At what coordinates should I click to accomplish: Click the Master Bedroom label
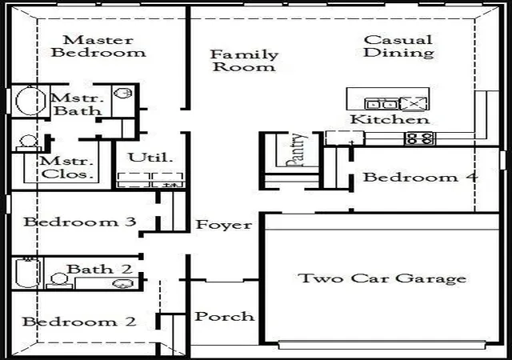pyautogui.click(x=98, y=46)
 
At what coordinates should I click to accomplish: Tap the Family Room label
pyautogui.click(x=244, y=61)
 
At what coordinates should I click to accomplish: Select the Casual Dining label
pyautogui.click(x=398, y=46)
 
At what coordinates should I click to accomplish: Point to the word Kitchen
pyautogui.click(x=390, y=119)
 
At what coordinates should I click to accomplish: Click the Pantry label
pyautogui.click(x=296, y=150)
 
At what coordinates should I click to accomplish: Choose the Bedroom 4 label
pyautogui.click(x=420, y=178)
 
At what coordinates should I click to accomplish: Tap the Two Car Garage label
pyautogui.click(x=382, y=278)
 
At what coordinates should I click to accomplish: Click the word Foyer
pyautogui.click(x=224, y=225)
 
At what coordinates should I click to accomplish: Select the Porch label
pyautogui.click(x=224, y=317)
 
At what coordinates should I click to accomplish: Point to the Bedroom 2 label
pyautogui.click(x=79, y=322)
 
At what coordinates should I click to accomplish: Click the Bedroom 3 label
pyautogui.click(x=80, y=222)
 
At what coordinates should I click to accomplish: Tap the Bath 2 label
pyautogui.click(x=99, y=270)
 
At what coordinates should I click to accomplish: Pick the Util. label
pyautogui.click(x=150, y=158)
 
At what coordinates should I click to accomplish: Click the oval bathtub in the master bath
pyautogui.click(x=30, y=101)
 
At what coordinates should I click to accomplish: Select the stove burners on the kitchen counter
pyautogui.click(x=419, y=138)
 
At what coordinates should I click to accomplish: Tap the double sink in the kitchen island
pyautogui.click(x=381, y=104)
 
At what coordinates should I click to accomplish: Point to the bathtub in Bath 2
pyautogui.click(x=29, y=273)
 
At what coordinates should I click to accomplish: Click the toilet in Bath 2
pyautogui.click(x=59, y=281)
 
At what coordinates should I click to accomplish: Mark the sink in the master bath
pyautogui.click(x=122, y=94)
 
